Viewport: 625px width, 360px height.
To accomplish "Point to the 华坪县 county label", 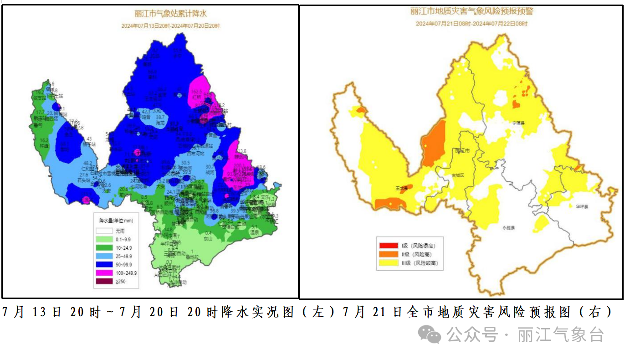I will (x=581, y=206).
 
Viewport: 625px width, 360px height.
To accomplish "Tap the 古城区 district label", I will (x=457, y=175).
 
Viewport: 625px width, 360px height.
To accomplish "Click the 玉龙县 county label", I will (x=401, y=188).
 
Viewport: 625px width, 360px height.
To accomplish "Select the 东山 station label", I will (x=208, y=238).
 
